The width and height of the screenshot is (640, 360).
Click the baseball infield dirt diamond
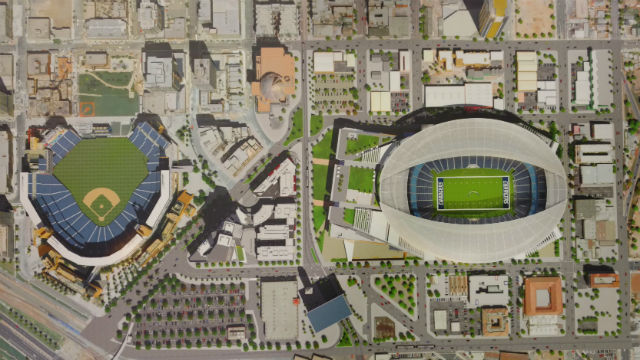click(x=100, y=205)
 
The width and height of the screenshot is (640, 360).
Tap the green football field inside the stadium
click(x=473, y=189)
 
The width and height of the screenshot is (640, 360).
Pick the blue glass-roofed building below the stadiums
click(x=328, y=311)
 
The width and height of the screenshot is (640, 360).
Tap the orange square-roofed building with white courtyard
click(x=543, y=296)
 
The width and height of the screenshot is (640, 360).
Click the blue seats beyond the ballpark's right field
click(x=150, y=140)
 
